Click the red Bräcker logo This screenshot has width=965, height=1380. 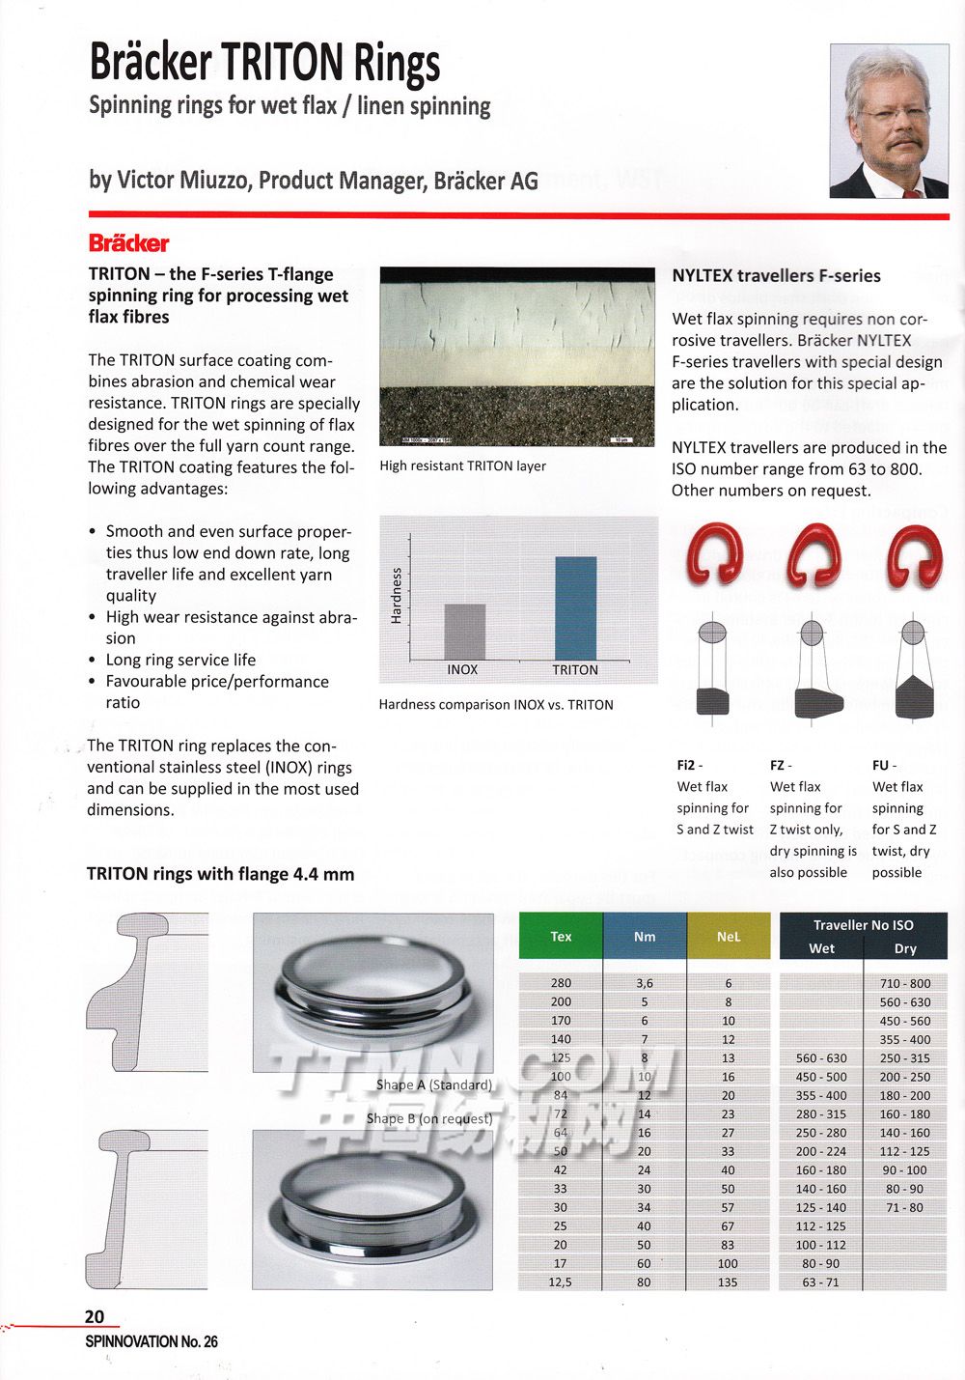pos(128,243)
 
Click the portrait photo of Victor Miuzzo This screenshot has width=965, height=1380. pos(889,121)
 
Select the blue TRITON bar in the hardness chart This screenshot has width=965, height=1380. pos(575,607)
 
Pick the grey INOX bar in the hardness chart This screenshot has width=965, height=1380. pos(464,632)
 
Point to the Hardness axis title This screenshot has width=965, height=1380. pos(396,595)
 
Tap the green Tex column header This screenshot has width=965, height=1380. pos(561,936)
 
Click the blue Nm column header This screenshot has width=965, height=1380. pos(645,936)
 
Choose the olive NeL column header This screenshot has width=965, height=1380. pos(729,936)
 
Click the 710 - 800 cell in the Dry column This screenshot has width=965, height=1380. pos(905,983)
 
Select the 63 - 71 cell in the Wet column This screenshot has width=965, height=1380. pos(821,1282)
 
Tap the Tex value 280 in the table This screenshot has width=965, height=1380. pos(561,983)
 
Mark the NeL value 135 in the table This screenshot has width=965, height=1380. pos(728,1282)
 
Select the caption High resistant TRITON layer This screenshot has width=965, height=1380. pos(462,465)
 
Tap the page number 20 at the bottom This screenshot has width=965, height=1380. pos(95,1316)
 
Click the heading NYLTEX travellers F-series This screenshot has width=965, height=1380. pos(776,275)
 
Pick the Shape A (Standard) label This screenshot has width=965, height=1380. pos(434,1084)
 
